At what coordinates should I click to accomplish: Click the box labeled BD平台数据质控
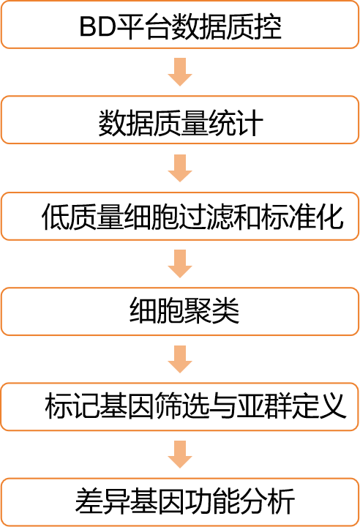click(x=180, y=25)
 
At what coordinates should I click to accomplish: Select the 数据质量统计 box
click(x=180, y=120)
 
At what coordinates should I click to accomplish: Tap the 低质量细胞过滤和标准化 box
click(x=180, y=216)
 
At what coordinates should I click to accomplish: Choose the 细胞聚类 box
click(x=180, y=311)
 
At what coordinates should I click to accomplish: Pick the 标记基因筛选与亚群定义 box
click(x=180, y=407)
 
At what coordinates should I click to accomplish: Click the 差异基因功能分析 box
click(x=180, y=502)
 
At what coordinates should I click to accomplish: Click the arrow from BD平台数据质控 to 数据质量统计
click(x=180, y=72)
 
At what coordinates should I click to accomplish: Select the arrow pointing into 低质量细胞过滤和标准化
click(x=180, y=168)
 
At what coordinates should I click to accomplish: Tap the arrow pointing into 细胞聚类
click(x=180, y=263)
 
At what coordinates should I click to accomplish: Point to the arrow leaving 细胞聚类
click(x=180, y=359)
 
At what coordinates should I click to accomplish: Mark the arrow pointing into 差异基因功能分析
click(x=180, y=455)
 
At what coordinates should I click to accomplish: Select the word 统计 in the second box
click(x=236, y=123)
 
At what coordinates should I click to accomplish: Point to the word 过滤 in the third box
click(x=220, y=217)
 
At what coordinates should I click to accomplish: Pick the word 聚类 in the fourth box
click(x=211, y=311)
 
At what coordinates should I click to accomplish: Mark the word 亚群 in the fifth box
click(x=264, y=406)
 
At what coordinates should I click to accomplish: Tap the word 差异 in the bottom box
click(x=102, y=501)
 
